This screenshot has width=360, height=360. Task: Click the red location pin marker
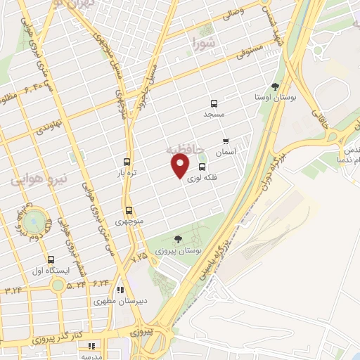click(x=180, y=166)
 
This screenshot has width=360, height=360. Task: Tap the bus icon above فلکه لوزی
click(x=202, y=167)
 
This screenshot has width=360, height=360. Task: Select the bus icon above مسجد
click(x=214, y=103)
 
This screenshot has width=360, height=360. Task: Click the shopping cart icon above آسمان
click(x=226, y=141)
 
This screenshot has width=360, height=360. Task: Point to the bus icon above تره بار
click(x=127, y=161)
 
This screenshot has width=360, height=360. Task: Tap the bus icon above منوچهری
click(x=129, y=210)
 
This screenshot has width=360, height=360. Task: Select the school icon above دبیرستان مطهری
click(x=121, y=289)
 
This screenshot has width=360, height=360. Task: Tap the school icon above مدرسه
click(x=91, y=345)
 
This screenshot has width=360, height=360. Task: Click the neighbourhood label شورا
click(x=204, y=46)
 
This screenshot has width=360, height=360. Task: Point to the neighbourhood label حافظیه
click(x=185, y=149)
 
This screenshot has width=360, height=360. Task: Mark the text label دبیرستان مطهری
click(x=122, y=301)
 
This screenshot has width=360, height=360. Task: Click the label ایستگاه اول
click(x=49, y=271)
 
